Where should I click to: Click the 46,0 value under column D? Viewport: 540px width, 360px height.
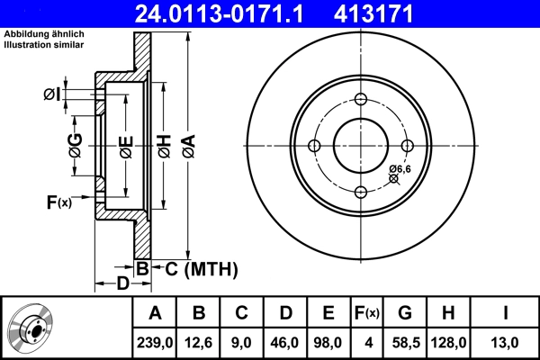click(x=286, y=343)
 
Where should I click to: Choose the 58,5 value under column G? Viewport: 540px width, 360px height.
click(x=405, y=343)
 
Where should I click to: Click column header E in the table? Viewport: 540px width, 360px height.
click(x=328, y=313)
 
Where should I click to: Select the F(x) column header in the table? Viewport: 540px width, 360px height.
click(x=366, y=313)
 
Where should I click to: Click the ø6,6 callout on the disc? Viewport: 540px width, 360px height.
click(x=400, y=168)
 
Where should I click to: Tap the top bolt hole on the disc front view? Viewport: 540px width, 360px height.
click(x=361, y=100)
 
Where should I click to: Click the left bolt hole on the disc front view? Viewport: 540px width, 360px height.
click(x=314, y=147)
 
